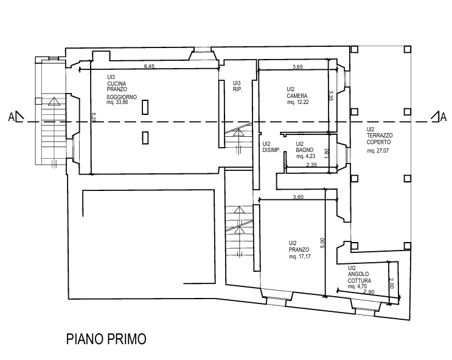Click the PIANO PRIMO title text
[105, 339]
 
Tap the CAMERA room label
[298, 95]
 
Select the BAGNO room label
[304, 150]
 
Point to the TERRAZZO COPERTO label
[380, 139]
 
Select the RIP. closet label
[237, 85]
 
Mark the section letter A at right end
[436, 116]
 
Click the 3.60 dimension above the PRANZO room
[297, 196]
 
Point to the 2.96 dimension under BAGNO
[311, 165]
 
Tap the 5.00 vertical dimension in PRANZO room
[322, 241]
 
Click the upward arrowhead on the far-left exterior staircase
[54, 102]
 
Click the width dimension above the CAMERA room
[298, 66]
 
